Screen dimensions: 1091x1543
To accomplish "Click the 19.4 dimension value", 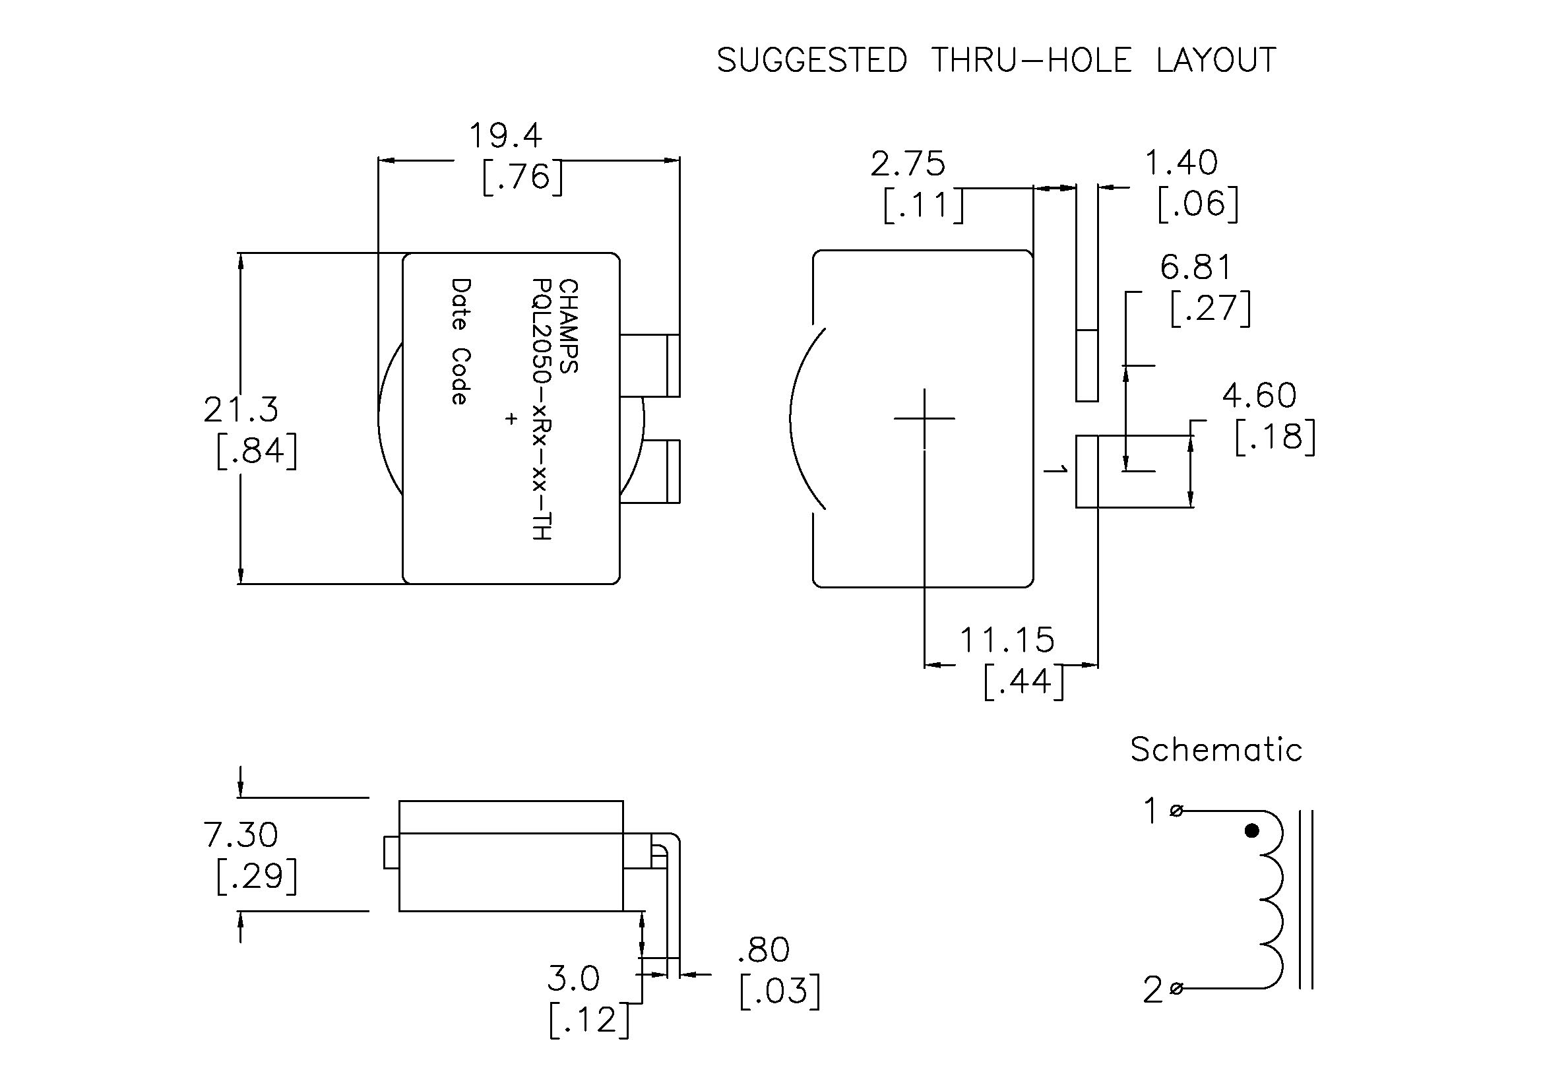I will click(x=505, y=137).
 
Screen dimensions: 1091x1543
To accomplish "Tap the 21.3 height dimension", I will click(x=241, y=410).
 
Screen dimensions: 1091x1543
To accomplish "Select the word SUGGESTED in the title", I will click(x=812, y=61).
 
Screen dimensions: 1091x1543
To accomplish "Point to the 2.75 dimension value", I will click(x=908, y=165).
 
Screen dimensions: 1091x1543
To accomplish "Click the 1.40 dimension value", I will click(x=1181, y=163).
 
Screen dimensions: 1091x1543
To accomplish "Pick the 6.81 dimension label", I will click(x=1196, y=268).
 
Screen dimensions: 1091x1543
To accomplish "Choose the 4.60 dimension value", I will click(x=1259, y=396).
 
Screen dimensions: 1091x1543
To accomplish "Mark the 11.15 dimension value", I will click(x=1006, y=640).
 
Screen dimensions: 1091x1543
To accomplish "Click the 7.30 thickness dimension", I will click(x=241, y=835).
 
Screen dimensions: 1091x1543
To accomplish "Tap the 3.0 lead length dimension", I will click(x=573, y=979).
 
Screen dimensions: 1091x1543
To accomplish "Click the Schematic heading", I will click(x=1216, y=750).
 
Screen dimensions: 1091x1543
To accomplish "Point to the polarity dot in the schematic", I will click(x=1251, y=831).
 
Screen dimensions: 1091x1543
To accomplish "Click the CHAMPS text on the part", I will click(x=569, y=327).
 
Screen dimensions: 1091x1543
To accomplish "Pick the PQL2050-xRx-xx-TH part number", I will click(x=542, y=409).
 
